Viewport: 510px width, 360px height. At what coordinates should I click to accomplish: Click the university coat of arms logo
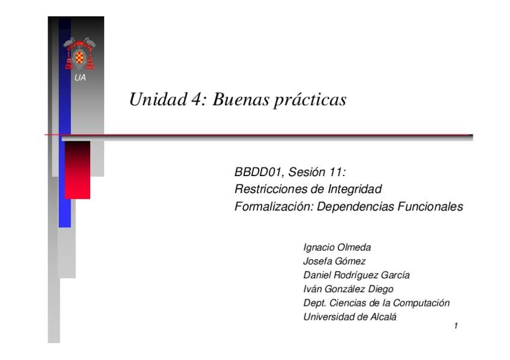tap(79, 54)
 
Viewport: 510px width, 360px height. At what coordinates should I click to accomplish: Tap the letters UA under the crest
tap(80, 78)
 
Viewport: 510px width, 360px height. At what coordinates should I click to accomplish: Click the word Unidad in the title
tap(158, 99)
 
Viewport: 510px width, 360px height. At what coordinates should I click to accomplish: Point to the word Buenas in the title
tap(241, 99)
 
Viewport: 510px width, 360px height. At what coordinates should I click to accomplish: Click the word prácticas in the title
tap(310, 100)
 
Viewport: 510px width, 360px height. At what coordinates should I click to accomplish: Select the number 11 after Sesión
tap(337, 172)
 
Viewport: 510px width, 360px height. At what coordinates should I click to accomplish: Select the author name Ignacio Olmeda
tap(337, 247)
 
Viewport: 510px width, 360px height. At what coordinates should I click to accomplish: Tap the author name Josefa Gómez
tap(334, 261)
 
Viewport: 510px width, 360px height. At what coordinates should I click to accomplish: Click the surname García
tap(395, 275)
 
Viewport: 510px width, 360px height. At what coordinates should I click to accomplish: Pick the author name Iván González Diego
tap(348, 289)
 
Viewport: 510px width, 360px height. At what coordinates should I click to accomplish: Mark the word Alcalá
tap(383, 317)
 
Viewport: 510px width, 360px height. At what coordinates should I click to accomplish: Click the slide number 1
tap(456, 326)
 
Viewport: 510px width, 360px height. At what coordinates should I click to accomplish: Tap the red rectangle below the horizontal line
tap(78, 170)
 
